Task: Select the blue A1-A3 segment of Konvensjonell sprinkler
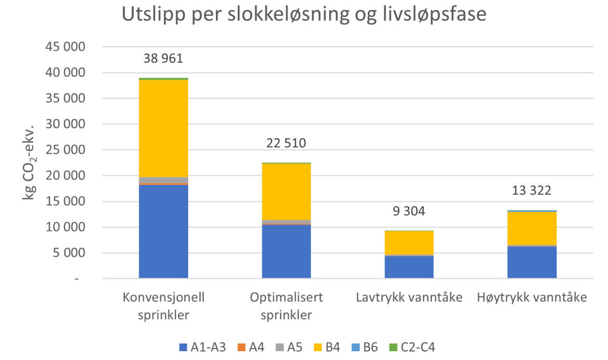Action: coord(163,231)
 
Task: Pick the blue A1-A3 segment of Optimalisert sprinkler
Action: coord(286,252)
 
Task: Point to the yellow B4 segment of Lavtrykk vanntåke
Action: coord(409,243)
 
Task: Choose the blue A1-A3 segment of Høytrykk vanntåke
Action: coord(532,262)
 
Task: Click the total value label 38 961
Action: coord(163,59)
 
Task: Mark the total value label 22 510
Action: coord(286,143)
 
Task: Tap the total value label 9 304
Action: coord(409,211)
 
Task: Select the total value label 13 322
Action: coord(532,191)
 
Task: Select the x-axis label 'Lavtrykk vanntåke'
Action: coord(409,298)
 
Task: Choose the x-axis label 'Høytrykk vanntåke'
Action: coord(532,298)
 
